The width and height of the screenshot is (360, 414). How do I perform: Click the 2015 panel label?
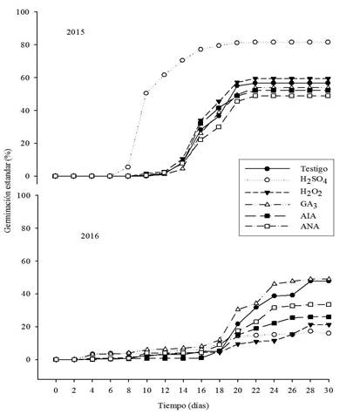[x=76, y=32]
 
